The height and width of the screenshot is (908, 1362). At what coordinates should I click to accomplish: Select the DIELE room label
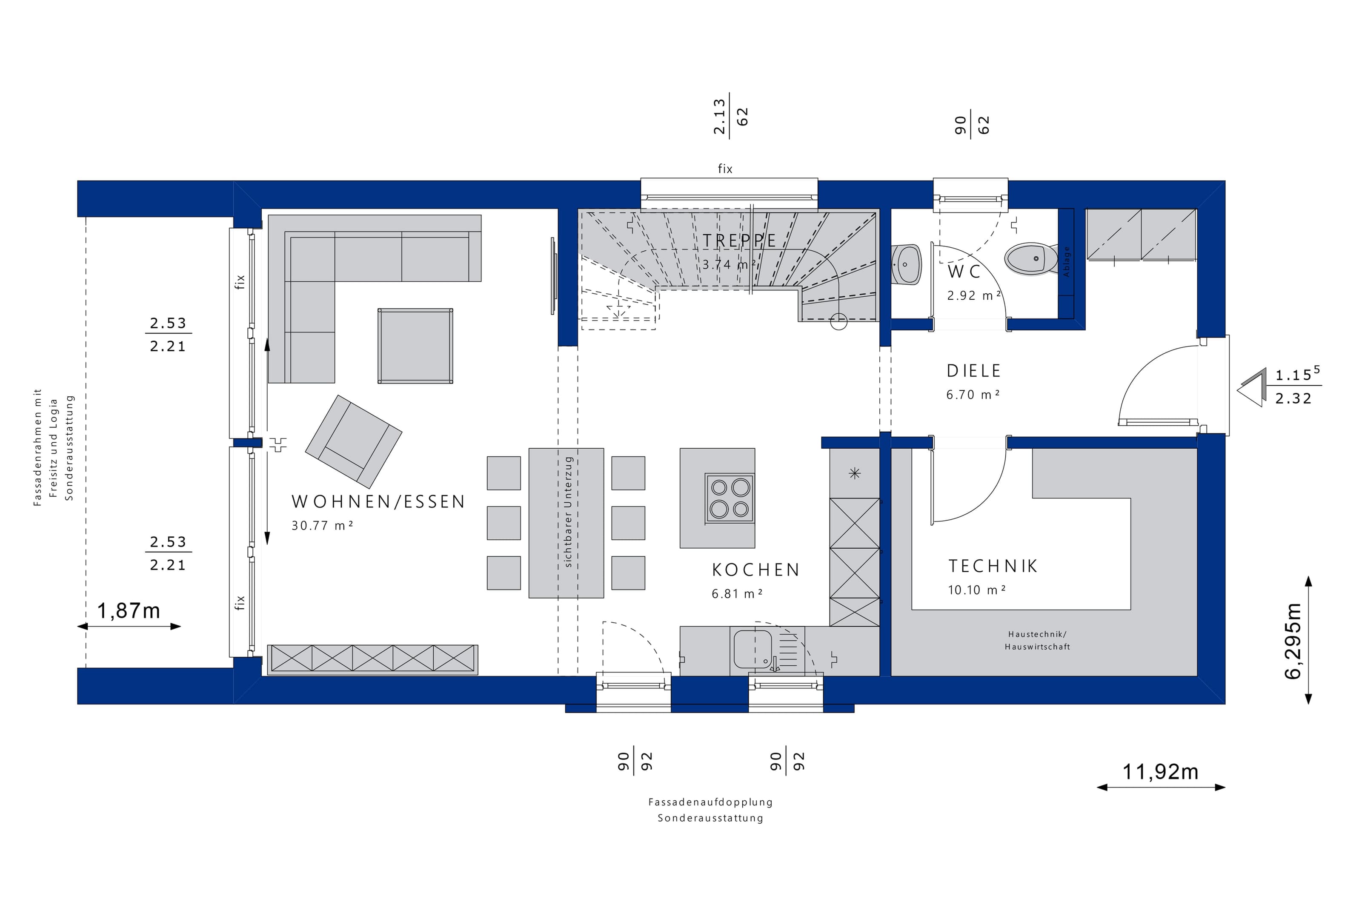(973, 371)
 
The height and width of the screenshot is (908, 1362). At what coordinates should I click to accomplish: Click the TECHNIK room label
(993, 566)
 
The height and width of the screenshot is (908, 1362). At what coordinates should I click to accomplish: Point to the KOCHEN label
(755, 570)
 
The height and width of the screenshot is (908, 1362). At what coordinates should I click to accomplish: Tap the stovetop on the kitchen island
(730, 498)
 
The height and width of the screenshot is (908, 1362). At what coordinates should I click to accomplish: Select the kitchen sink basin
(753, 649)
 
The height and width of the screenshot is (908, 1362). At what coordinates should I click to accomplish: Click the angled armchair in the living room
(353, 441)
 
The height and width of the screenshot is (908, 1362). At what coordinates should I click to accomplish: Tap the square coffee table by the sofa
(415, 346)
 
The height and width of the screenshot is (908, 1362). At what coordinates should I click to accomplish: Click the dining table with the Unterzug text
(566, 522)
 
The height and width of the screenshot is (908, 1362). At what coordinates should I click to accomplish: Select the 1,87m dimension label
(128, 611)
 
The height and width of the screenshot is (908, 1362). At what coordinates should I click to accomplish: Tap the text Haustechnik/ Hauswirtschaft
(1037, 641)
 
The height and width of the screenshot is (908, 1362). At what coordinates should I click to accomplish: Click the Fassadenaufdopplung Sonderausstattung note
(710, 810)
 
